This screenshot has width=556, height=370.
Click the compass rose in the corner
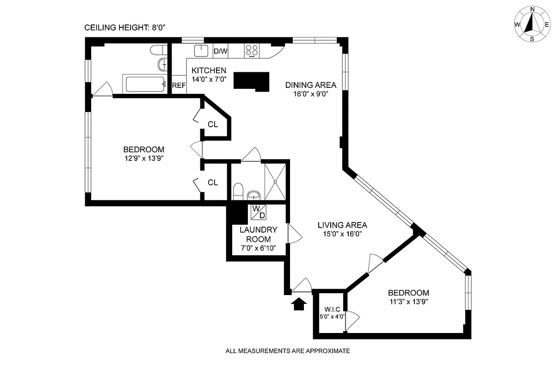tap(532, 24)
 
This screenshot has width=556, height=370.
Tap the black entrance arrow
tap(299, 303)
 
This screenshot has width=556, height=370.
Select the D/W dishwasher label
tap(220, 51)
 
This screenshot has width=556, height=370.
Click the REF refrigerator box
tap(179, 86)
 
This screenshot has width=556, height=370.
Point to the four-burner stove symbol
tap(252, 50)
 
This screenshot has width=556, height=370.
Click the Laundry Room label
tap(258, 234)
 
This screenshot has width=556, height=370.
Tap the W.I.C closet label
tap(332, 308)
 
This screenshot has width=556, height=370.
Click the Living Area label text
tap(342, 225)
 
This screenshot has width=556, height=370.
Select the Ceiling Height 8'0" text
tap(125, 28)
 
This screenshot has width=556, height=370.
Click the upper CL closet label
tap(213, 124)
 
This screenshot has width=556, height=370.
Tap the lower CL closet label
tap(213, 183)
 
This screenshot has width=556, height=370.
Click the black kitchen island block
tap(251, 81)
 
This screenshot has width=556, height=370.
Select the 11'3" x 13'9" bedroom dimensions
tap(408, 302)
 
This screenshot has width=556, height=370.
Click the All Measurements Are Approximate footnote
tap(287, 351)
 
